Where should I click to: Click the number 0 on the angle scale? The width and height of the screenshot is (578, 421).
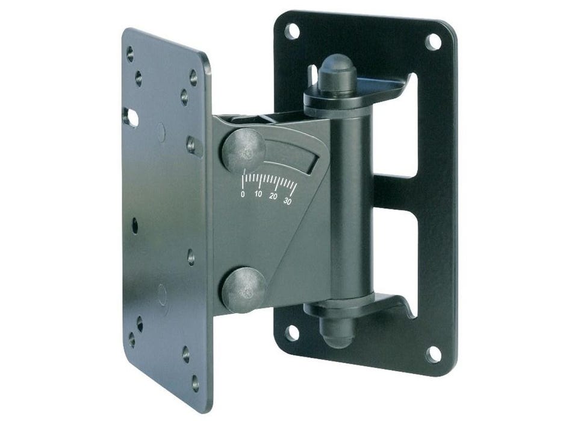click(x=243, y=194)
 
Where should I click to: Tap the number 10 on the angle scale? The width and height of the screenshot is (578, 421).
click(x=258, y=194)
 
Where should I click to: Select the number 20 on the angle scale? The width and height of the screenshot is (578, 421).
click(x=273, y=196)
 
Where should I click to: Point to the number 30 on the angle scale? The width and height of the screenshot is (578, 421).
click(x=288, y=201)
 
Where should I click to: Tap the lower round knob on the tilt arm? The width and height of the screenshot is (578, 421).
click(x=244, y=290)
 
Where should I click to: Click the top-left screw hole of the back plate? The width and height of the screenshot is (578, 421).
click(x=292, y=31)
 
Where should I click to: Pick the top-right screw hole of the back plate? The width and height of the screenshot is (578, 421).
click(x=433, y=42)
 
